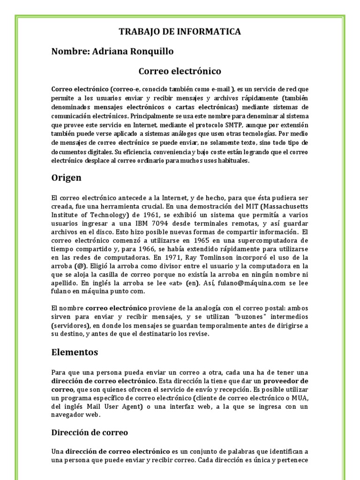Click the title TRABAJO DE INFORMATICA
pos(180,32)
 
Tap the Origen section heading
pos(66,178)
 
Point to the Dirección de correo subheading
pos(90,432)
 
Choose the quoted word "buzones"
pos(244,316)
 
